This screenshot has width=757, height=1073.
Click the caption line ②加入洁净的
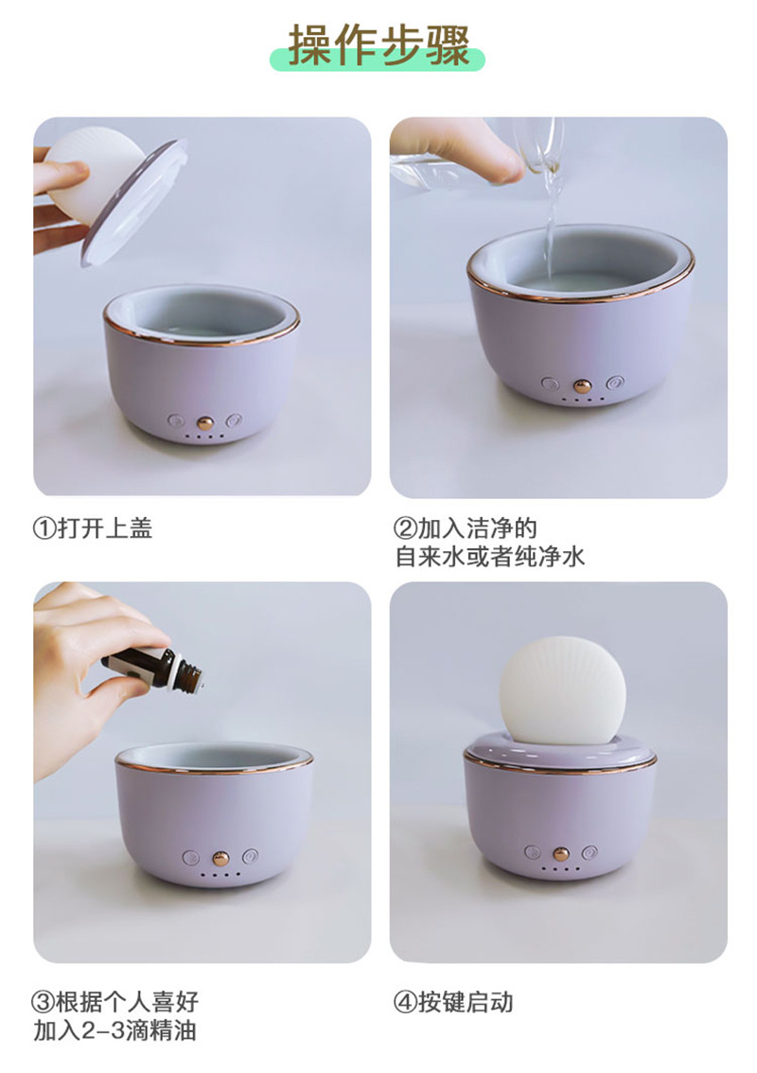click(466, 528)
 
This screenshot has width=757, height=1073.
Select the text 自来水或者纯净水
click(490, 556)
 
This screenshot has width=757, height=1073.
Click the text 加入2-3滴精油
click(114, 1029)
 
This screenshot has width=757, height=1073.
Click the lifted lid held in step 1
click(123, 194)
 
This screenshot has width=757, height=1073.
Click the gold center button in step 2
click(583, 385)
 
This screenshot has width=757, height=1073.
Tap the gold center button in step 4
click(561, 853)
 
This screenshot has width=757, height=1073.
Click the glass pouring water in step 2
click(539, 147)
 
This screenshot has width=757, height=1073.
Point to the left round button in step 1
click(176, 420)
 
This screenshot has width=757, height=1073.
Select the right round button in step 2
click(615, 384)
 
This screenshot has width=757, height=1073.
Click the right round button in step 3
click(250, 856)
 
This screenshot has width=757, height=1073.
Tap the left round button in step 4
click(533, 852)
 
